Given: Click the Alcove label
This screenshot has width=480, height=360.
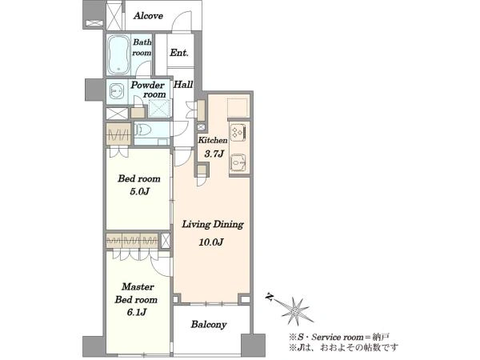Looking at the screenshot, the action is (x=148, y=16).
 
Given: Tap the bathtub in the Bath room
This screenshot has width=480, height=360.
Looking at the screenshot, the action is (x=118, y=54).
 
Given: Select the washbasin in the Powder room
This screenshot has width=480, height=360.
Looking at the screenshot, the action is (x=116, y=91).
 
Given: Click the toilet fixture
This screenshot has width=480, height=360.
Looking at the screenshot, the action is (x=143, y=130).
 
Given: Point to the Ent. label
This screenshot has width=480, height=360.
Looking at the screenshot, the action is (x=179, y=53).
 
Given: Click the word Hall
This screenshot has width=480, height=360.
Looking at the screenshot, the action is (x=183, y=85).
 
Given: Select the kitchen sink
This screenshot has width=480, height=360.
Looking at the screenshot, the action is (x=238, y=162).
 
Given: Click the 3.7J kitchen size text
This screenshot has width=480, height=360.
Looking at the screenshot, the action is (x=214, y=154).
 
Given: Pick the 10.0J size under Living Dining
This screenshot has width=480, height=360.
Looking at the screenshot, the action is (x=211, y=242).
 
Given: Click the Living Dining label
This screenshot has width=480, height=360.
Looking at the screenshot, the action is (x=213, y=224).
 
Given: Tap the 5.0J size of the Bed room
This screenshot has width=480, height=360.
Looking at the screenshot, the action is (x=139, y=192).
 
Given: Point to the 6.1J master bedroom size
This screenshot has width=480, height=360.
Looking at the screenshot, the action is (x=137, y=312).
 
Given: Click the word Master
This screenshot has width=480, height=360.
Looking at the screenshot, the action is (x=138, y=287).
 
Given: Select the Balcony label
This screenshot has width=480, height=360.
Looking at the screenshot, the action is (x=209, y=325).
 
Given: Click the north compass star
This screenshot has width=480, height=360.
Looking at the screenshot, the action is (x=294, y=311).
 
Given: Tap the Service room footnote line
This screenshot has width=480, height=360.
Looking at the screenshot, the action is (x=339, y=338).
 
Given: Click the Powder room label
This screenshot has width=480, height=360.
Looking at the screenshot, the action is (x=148, y=90).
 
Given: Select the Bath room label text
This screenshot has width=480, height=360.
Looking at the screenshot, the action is (x=142, y=47).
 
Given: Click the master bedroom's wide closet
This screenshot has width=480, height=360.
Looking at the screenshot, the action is (x=132, y=241).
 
